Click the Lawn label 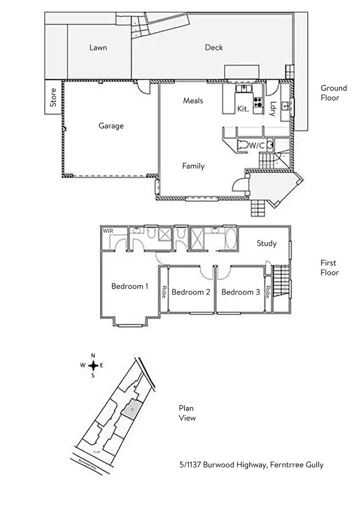click(98, 47)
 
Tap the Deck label click(214, 47)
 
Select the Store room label click(53, 97)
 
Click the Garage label click(111, 126)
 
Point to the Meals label click(193, 101)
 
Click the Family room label click(193, 166)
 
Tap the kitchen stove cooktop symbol click(258, 102)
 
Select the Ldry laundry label click(273, 109)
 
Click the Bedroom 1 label click(130, 286)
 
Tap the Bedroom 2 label click(191, 292)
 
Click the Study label click(266, 243)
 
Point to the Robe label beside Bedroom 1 click(164, 292)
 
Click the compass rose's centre click(94, 366)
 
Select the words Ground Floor click(334, 93)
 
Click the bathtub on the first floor click(230, 237)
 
